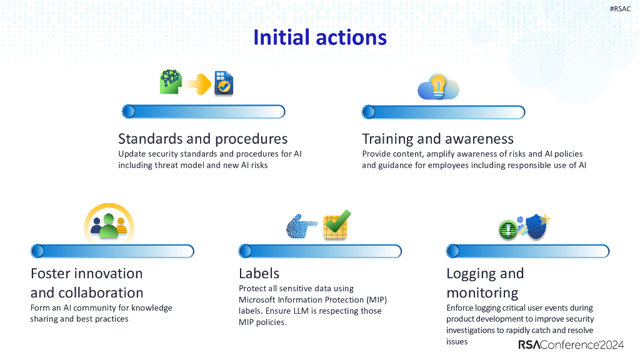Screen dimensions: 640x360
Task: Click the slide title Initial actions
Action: pos(319,37)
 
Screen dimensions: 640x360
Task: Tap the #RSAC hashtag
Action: pos(620,9)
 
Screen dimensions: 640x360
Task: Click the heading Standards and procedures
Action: pos(202,138)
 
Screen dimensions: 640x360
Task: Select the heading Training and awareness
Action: pos(437,138)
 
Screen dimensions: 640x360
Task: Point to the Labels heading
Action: pos(259,273)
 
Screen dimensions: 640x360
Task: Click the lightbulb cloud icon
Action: pos(438,87)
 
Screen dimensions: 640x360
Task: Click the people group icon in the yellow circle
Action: pos(109,224)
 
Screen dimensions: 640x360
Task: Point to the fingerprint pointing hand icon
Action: pos(301,226)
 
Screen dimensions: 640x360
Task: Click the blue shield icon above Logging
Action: pos(536,226)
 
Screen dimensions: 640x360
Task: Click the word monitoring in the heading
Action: pos(482,292)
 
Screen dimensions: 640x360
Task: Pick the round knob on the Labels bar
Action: pos(245,251)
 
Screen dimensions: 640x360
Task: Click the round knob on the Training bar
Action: pos(368,112)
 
